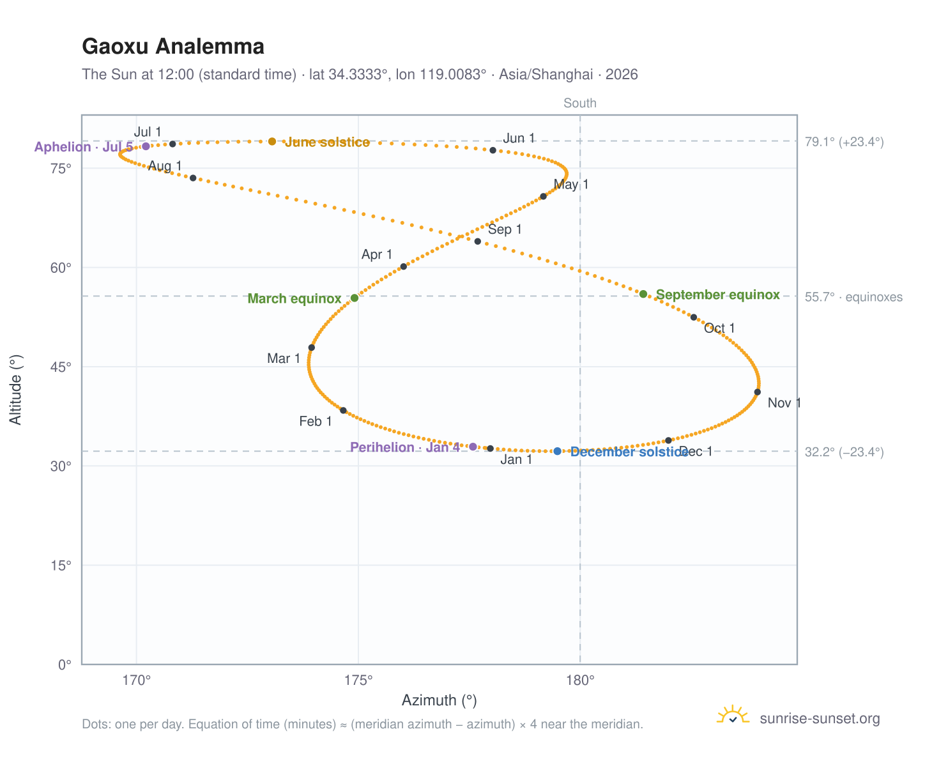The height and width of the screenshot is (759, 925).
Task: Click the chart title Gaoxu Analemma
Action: pyautogui.click(x=173, y=47)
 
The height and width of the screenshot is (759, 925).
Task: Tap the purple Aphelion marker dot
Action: pyautogui.click(x=146, y=146)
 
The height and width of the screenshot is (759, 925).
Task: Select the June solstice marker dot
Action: pyautogui.click(x=272, y=141)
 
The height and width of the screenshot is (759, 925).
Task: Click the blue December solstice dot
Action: pyautogui.click(x=557, y=451)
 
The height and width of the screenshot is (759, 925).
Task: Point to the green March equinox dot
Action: pyautogui.click(x=355, y=298)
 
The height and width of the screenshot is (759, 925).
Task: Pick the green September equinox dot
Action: pyautogui.click(x=643, y=294)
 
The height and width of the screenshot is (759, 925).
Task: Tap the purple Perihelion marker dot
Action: pyautogui.click(x=473, y=447)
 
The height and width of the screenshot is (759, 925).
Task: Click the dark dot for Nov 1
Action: pyautogui.click(x=758, y=392)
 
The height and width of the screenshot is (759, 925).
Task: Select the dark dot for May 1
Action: pyautogui.click(x=543, y=196)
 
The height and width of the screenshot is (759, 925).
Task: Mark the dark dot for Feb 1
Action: pyautogui.click(x=344, y=411)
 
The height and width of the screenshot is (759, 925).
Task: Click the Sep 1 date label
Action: pyautogui.click(x=505, y=229)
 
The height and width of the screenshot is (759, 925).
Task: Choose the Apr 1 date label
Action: pyautogui.click(x=376, y=254)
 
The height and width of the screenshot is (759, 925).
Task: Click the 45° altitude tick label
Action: pyautogui.click(x=61, y=367)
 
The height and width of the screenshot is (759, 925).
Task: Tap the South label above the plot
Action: pyautogui.click(x=580, y=103)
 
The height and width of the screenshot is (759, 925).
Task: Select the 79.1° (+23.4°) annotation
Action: pyautogui.click(x=845, y=142)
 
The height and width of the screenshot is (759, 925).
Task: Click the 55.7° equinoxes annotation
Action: pyautogui.click(x=853, y=297)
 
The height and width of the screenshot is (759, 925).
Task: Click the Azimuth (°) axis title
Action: pyautogui.click(x=439, y=700)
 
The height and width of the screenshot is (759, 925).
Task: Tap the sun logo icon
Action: pyautogui.click(x=733, y=715)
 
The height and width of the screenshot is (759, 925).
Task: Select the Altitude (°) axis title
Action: pyautogui.click(x=15, y=390)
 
